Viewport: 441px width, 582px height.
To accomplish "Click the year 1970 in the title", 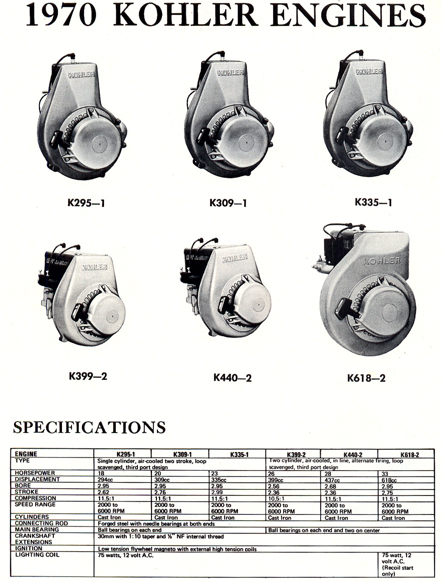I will coord(61,15).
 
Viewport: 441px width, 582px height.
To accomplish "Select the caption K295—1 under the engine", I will coord(86,202).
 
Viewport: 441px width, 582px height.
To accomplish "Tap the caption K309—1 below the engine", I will coord(228,202).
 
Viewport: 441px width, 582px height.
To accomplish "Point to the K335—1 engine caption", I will coord(373,202).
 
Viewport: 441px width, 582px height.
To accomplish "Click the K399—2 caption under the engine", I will coord(88,376).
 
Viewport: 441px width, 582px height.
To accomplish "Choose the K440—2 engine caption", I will coord(232,377).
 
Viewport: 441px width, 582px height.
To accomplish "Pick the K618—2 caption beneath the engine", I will coord(366,378).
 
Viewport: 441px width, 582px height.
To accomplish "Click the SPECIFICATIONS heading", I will coord(90,427).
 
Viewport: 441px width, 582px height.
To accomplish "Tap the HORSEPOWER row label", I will coord(35,473).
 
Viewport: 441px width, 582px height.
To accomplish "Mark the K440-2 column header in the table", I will coord(353,454).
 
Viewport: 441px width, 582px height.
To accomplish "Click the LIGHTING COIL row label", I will coord(37,555).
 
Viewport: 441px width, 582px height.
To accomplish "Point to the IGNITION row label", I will coord(28,548).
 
